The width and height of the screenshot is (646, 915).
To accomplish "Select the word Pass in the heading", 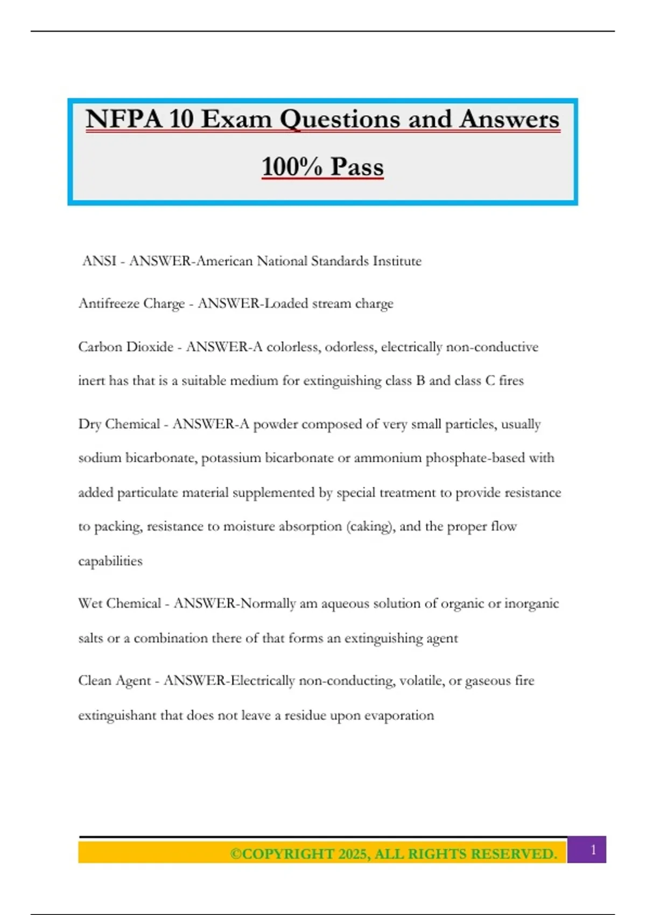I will pos(357,166).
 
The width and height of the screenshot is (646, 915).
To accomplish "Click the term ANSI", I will pos(99,261).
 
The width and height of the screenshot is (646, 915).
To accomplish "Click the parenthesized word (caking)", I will pos(371,526).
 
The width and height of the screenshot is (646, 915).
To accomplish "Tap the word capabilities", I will pos(110,561).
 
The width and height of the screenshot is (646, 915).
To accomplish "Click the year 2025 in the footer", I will pos(353,854).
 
